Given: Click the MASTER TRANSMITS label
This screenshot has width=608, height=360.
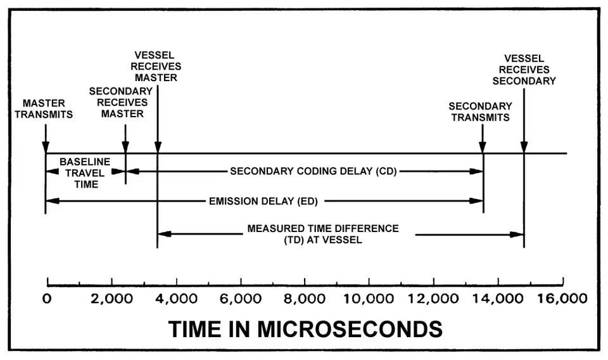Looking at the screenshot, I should [47, 108].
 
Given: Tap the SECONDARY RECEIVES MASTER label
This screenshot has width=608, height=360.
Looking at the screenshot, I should [118, 102].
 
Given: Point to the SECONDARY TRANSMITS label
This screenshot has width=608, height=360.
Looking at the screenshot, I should [480, 112].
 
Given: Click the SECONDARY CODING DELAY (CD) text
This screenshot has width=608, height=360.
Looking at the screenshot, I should [313, 171].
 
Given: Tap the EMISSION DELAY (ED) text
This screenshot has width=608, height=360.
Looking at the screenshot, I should [263, 202].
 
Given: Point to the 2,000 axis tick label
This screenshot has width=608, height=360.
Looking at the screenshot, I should [112, 299].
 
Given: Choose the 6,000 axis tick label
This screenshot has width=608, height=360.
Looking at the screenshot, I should [241, 299].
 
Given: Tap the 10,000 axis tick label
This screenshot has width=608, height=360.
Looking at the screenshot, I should [370, 299].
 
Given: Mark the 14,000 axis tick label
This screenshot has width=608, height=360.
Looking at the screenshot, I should [498, 299].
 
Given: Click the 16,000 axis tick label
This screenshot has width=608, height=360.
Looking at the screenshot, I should [562, 299].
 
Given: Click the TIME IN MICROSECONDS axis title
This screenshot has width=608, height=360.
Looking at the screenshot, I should [305, 329].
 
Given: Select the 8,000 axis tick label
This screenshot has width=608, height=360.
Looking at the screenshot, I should [305, 299].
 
